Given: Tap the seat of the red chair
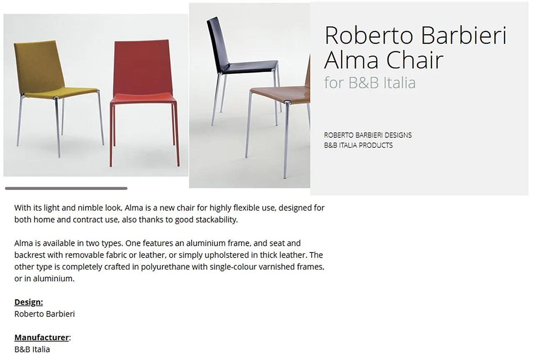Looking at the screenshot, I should pyautogui.click(x=143, y=99).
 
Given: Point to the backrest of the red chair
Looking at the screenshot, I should pyautogui.click(x=142, y=67).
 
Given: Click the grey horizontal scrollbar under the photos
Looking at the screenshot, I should pyautogui.click(x=66, y=188).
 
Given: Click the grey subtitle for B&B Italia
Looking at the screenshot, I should pyautogui.click(x=370, y=82).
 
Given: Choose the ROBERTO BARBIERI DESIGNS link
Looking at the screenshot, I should pyautogui.click(x=368, y=135).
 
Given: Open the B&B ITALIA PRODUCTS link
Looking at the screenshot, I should pyautogui.click(x=358, y=145).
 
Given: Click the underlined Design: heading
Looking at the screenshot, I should pyautogui.click(x=29, y=302).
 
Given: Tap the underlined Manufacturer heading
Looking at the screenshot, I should pyautogui.click(x=42, y=337).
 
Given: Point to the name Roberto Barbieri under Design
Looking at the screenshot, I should pyautogui.click(x=45, y=314).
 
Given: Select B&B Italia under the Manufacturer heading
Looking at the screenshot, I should pyautogui.click(x=32, y=349).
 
